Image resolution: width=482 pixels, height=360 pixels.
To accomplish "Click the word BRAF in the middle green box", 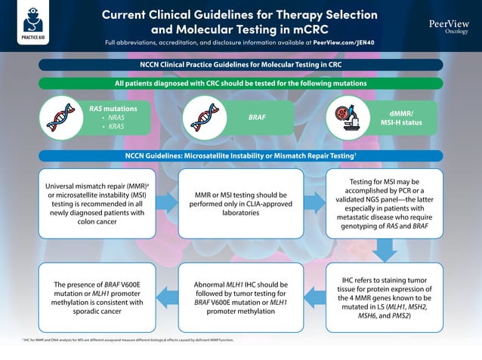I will click(258, 118).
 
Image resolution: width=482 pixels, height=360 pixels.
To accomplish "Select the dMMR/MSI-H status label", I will click(400, 118).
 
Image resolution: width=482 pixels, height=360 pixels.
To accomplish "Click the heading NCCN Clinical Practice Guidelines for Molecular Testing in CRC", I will click(241, 66).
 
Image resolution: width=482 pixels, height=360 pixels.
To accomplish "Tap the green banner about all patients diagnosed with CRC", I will click(241, 83).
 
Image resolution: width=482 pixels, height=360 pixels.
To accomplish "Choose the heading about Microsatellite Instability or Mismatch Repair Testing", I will click(241, 156).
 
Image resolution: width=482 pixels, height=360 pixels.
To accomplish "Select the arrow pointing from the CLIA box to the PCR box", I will click(314, 202).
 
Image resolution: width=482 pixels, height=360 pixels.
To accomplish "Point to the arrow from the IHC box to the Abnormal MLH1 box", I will click(314, 296).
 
